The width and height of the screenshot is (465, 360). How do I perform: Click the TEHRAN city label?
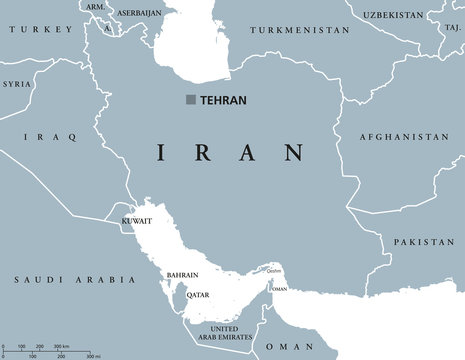click(x=224, y=100)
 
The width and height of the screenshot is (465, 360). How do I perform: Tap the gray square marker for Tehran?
click(x=191, y=99)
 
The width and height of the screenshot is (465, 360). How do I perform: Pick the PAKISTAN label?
click(x=423, y=242)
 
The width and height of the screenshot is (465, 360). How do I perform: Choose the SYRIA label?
click(x=16, y=84)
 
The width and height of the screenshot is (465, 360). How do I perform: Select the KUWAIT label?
click(x=135, y=219)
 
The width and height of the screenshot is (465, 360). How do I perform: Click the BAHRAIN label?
click(x=183, y=275)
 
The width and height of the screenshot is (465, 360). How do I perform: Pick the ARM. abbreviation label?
click(x=96, y=7)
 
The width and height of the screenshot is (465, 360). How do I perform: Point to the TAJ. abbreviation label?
click(x=453, y=27)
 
